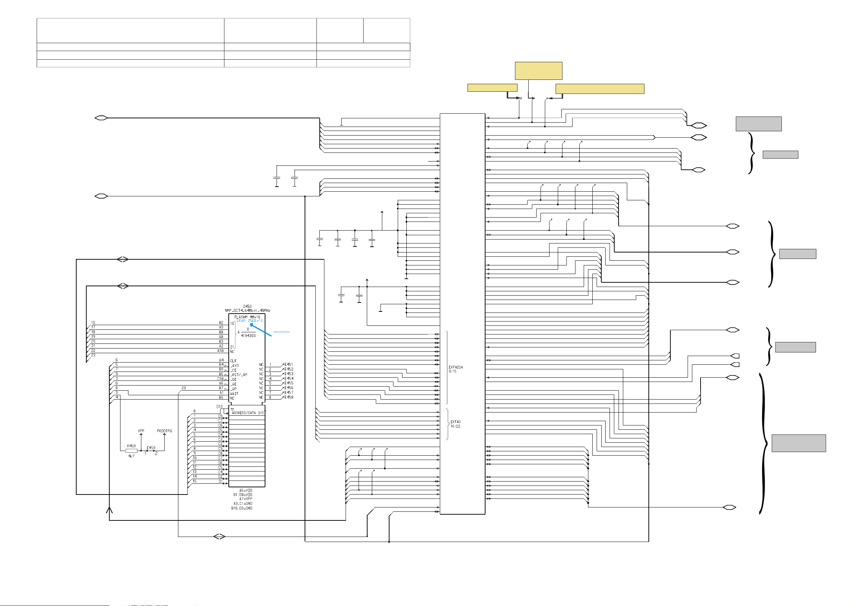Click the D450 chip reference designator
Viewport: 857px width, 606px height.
click(247, 306)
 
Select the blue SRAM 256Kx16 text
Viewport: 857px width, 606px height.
click(249, 321)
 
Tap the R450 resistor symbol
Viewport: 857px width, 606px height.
click(131, 451)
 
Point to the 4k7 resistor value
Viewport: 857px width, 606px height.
click(131, 456)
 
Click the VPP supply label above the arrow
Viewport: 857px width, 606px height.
click(141, 431)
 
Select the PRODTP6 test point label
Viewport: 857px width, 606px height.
click(164, 431)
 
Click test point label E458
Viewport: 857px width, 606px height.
click(289, 397)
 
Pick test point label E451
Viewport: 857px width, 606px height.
click(289, 364)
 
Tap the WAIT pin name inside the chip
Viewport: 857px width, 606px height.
click(234, 393)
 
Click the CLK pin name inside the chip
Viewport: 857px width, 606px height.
click(233, 361)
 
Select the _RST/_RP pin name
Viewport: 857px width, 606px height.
click(239, 375)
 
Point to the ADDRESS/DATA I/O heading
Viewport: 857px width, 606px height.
click(247, 413)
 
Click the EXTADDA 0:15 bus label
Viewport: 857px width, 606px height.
click(455, 369)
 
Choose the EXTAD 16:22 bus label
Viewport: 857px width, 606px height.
click(455, 424)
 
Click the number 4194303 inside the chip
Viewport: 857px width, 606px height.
click(248, 336)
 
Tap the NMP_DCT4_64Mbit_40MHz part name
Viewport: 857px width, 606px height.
click(247, 311)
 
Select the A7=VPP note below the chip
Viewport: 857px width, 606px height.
click(246, 499)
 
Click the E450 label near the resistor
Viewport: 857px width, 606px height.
click(151, 448)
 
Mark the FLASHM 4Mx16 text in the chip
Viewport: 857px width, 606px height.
click(247, 317)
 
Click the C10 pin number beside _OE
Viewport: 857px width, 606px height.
click(220, 379)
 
